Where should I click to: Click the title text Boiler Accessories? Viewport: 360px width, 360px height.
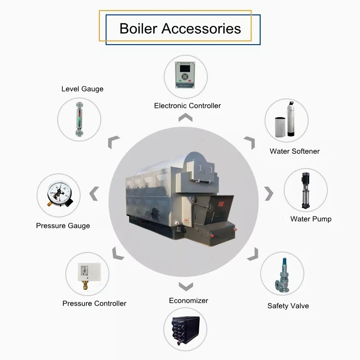click(x=180, y=28)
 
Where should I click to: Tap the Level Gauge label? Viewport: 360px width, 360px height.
click(x=82, y=89)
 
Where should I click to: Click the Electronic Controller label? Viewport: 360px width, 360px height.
click(x=187, y=106)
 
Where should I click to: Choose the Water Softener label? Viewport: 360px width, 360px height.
click(x=294, y=151)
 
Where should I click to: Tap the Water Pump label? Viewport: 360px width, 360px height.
click(x=311, y=219)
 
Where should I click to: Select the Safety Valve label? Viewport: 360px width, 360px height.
click(x=288, y=306)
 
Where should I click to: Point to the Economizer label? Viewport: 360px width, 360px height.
click(x=189, y=300)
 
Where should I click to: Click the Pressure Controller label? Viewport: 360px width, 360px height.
click(x=94, y=303)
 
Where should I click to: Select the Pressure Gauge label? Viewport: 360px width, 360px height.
click(x=63, y=226)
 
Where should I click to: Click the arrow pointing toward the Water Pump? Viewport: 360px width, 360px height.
click(x=269, y=194)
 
